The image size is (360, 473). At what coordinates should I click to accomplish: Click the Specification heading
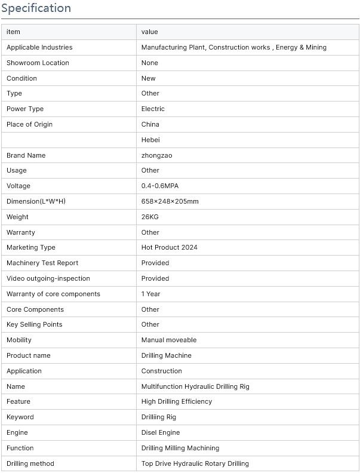tap(36, 8)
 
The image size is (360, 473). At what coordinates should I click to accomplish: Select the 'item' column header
tap(13, 32)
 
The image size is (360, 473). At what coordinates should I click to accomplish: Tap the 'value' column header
tap(149, 32)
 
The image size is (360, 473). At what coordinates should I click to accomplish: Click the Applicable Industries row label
tap(39, 47)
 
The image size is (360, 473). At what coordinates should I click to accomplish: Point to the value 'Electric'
tap(153, 109)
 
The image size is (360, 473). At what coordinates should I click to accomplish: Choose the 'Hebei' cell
tap(150, 140)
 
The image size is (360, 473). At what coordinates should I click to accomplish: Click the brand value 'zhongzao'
tap(156, 155)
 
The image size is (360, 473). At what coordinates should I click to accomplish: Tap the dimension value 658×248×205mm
tap(170, 201)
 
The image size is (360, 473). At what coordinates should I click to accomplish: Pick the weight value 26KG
tap(150, 217)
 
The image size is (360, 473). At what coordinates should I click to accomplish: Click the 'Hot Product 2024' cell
tap(169, 247)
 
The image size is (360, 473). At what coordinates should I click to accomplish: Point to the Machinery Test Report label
tap(42, 263)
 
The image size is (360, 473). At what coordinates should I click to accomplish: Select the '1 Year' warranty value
tap(150, 294)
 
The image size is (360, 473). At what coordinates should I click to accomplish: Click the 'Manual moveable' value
tap(169, 340)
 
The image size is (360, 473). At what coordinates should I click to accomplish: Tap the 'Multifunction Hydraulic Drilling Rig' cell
tap(195, 386)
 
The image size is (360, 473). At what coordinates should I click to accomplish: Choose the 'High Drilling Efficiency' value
tap(176, 401)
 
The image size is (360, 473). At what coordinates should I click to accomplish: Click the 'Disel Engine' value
tap(160, 432)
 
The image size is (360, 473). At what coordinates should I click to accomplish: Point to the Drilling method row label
tap(30, 463)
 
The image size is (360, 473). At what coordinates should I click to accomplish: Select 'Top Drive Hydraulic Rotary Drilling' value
tap(195, 463)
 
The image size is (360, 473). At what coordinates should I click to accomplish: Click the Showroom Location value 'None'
tap(150, 63)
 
